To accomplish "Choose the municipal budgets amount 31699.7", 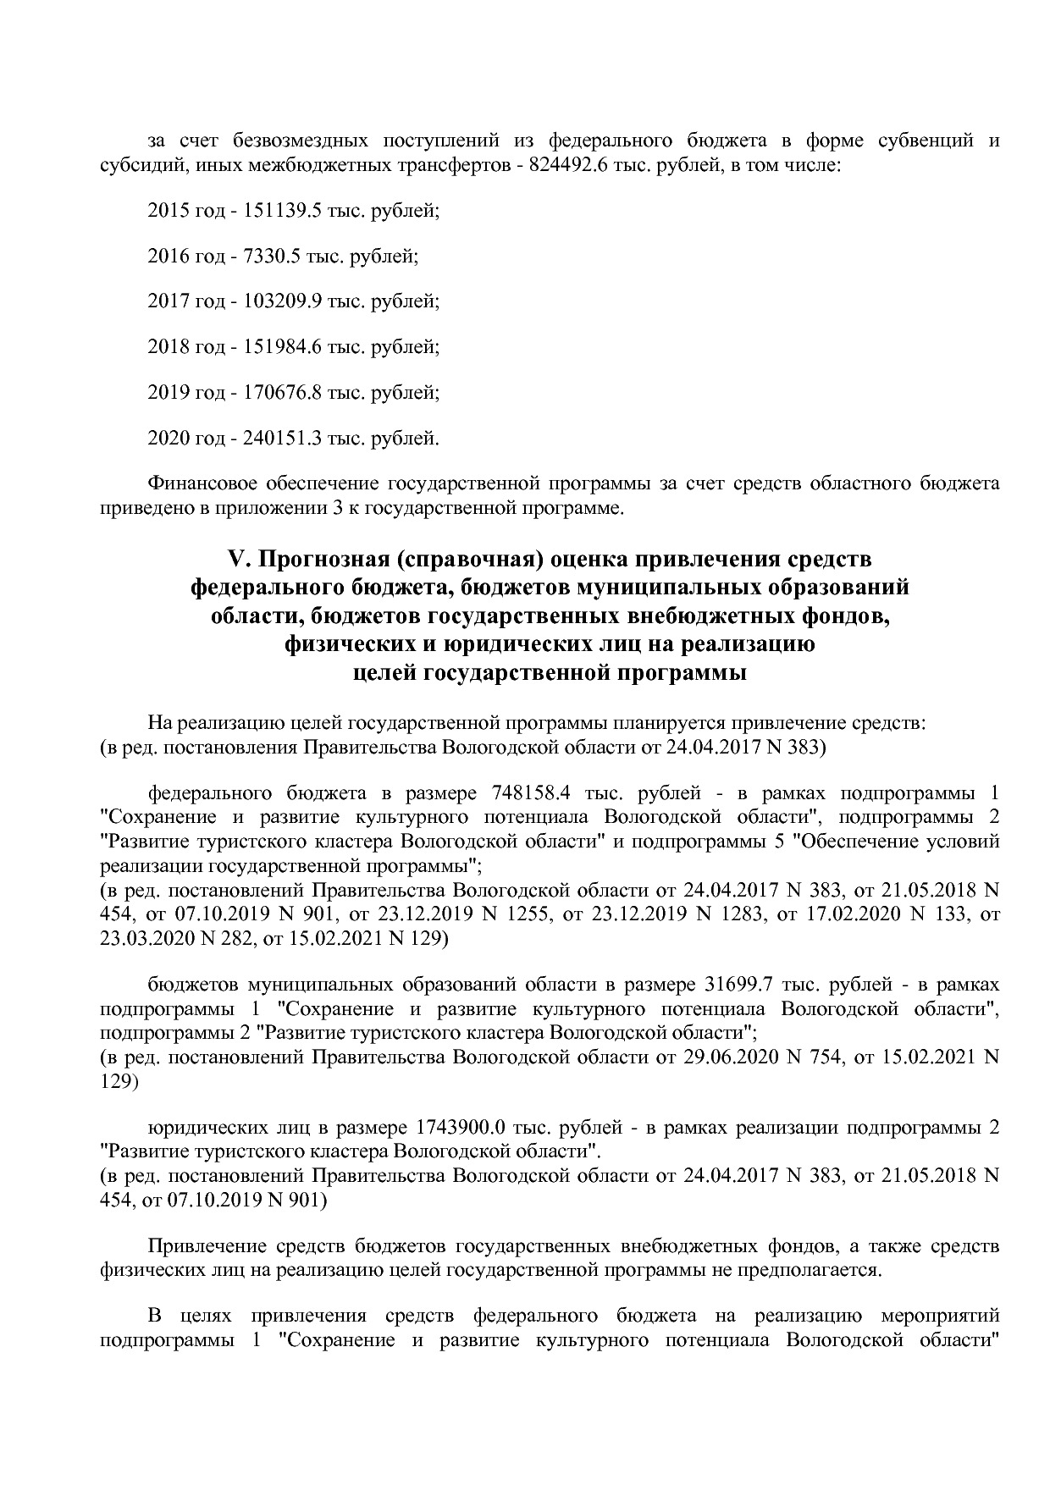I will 739,985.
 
